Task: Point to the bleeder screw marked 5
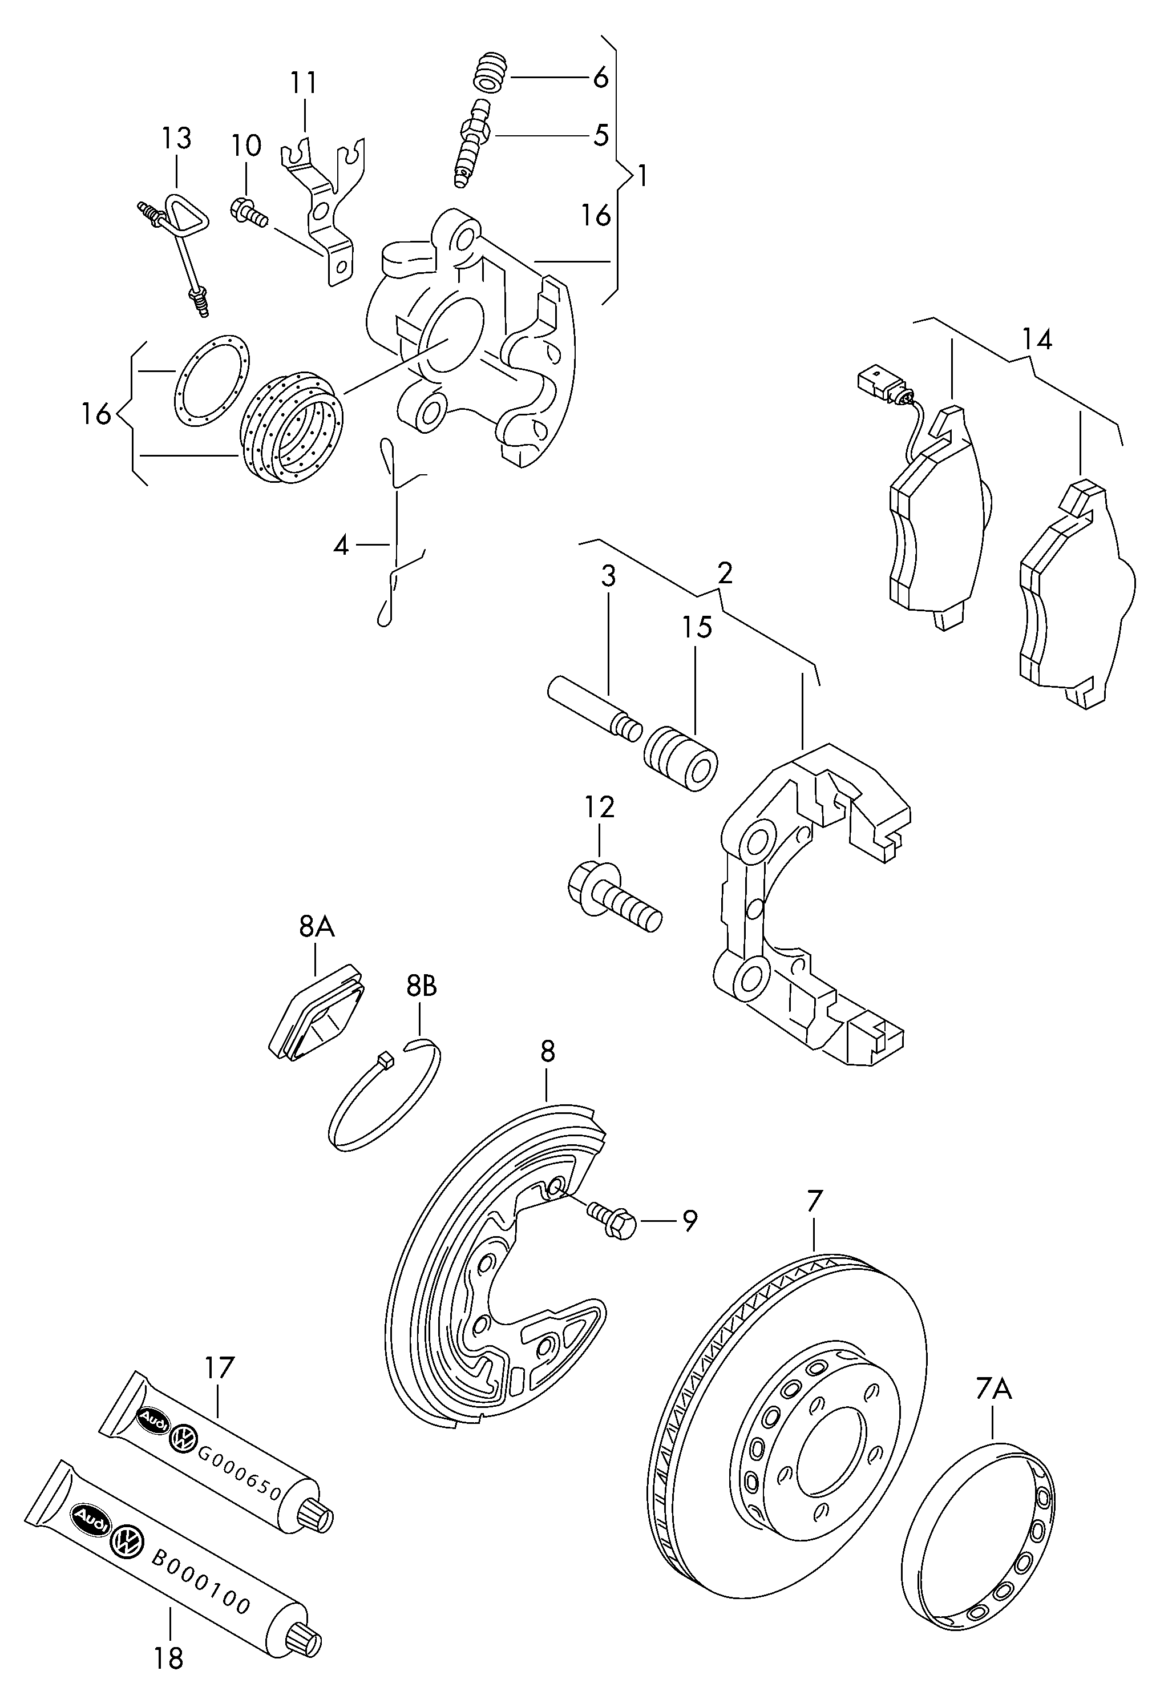472,142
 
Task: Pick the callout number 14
1036,339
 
